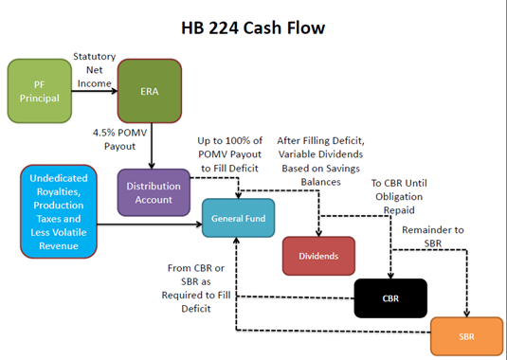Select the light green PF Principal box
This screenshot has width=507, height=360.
pos(40,91)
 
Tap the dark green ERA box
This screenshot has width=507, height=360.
pos(149,91)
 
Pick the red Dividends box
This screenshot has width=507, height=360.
pos(317,255)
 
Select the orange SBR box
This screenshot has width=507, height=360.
pos(466,337)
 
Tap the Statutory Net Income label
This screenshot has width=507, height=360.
pos(95,70)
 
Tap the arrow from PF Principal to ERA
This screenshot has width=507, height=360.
pos(95,91)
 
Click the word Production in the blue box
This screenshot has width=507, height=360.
pos(59,205)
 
